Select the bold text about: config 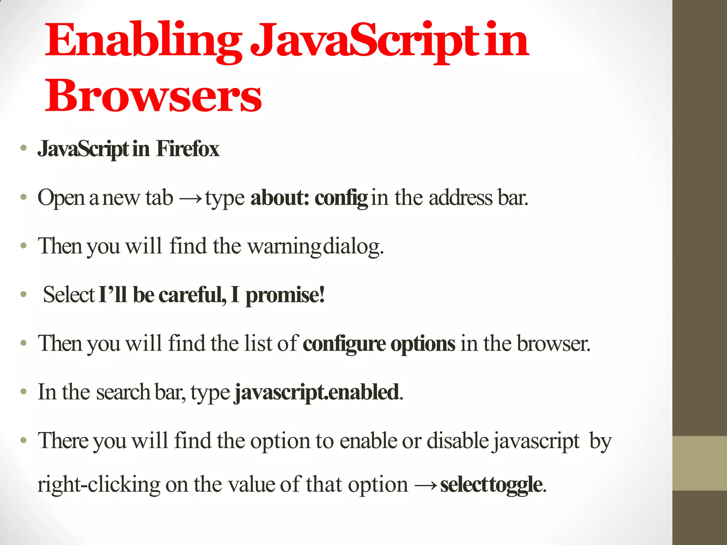(309, 198)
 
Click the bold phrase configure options (379, 344)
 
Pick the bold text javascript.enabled (317, 392)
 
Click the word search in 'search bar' (123, 392)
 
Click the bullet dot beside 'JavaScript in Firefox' (23, 148)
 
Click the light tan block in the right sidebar (699, 463)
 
